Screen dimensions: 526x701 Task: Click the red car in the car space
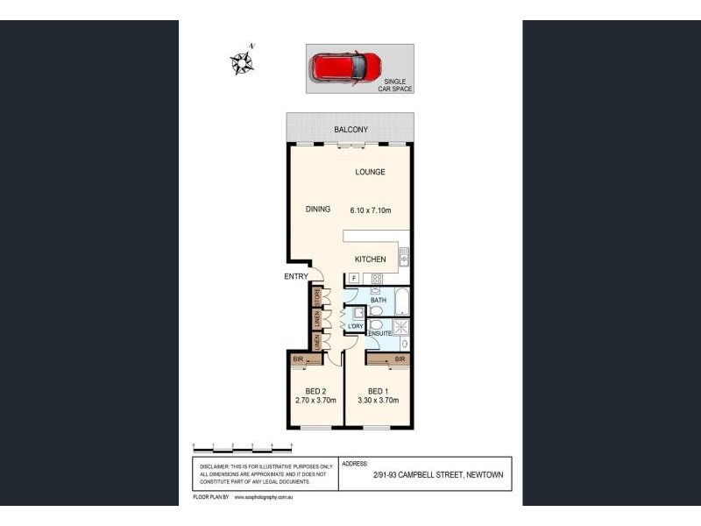click(x=348, y=66)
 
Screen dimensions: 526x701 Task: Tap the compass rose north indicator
click(x=242, y=61)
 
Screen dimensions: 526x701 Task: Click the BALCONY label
click(x=350, y=131)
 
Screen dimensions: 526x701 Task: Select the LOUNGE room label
click(x=370, y=172)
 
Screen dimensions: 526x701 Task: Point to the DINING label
click(x=317, y=209)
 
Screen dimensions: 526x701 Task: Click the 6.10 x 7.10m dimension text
click(x=370, y=210)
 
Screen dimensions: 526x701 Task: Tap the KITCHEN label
click(x=370, y=259)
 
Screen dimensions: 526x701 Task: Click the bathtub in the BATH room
click(x=401, y=301)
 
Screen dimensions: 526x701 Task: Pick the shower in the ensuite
click(x=401, y=327)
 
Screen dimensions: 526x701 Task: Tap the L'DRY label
click(x=355, y=327)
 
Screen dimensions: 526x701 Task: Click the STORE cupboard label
click(x=317, y=298)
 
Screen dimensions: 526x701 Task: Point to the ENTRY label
click(x=296, y=277)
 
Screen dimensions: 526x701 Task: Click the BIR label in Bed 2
click(x=297, y=359)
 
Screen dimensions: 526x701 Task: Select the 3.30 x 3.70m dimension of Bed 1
click(x=378, y=401)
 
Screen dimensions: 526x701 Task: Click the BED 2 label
click(x=315, y=391)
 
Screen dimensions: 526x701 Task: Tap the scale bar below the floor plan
click(x=242, y=447)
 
